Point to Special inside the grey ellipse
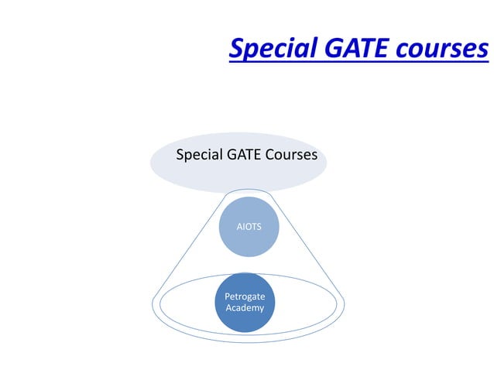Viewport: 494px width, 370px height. (200, 155)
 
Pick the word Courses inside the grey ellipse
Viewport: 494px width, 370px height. (292, 155)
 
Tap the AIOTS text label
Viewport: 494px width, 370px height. (248, 227)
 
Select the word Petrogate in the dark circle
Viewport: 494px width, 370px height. (244, 296)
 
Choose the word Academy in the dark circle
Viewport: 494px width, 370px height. (244, 308)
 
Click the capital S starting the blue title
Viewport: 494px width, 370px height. (237, 49)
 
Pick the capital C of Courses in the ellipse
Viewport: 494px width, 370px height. (270, 155)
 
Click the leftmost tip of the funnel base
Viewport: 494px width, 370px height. (153, 303)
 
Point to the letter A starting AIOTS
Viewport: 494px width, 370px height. (238, 227)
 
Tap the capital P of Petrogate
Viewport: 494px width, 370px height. (226, 296)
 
